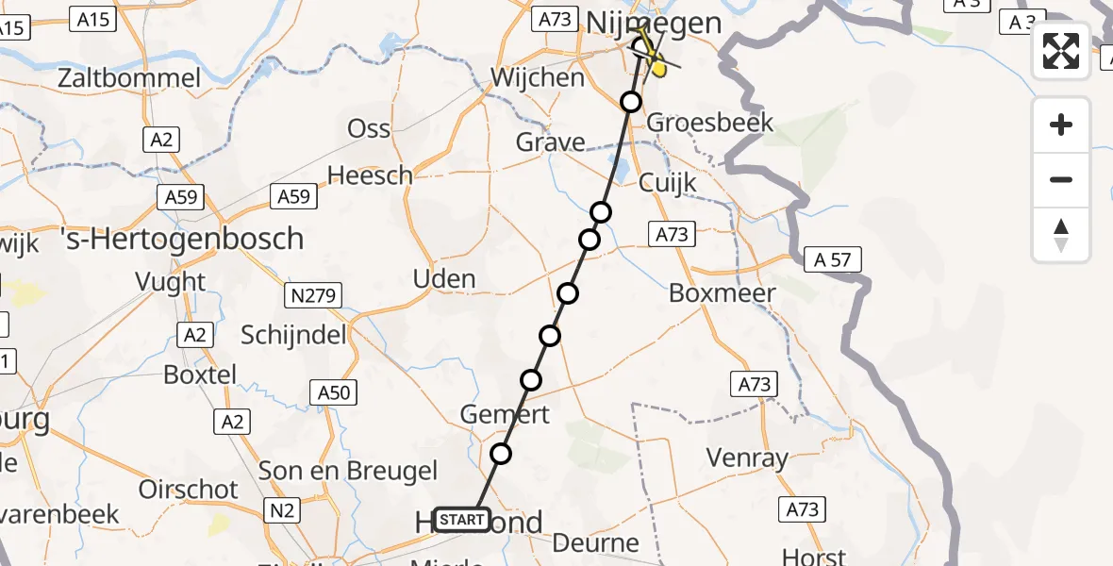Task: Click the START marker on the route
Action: coord(463,519)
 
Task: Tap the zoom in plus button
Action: coord(1061,125)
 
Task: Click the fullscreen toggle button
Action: coord(1061,51)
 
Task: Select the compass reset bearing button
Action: coord(1061,235)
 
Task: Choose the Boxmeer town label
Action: coord(723,293)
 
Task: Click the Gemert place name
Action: coord(505,414)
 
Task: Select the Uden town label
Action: coord(444,279)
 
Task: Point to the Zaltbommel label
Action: coord(129,77)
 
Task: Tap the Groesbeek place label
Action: coord(710,123)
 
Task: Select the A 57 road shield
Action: coord(833,259)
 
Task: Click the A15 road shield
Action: coord(93,19)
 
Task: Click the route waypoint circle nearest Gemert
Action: coord(531,380)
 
